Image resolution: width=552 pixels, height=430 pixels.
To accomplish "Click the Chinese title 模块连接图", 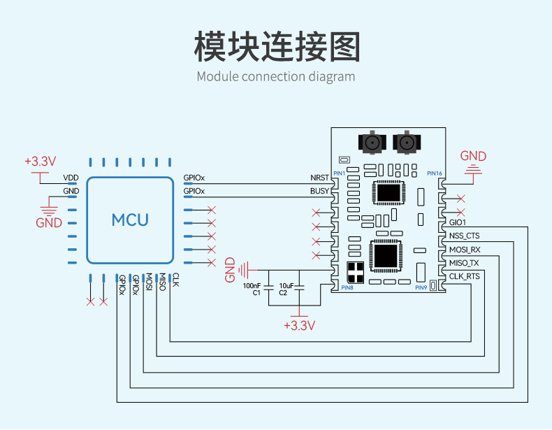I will tap(276, 46).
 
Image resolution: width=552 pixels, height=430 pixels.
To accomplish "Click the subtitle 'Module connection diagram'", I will tap(276, 76).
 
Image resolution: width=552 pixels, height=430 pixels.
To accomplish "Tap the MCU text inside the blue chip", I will tap(130, 220).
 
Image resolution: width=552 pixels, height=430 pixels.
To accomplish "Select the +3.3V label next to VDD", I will tap(40, 161).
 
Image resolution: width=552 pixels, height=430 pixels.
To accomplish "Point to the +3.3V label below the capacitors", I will tap(299, 326).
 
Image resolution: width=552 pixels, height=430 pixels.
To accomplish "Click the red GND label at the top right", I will tap(473, 156).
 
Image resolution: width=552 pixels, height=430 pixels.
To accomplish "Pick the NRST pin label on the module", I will tap(319, 178).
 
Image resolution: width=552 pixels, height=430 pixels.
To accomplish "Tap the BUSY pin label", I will tap(319, 191).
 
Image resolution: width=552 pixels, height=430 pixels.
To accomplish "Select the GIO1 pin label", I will tap(459, 222).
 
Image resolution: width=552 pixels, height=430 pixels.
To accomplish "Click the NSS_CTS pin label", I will tap(465, 236).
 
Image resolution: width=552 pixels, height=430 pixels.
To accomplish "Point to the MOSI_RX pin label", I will tap(465, 249).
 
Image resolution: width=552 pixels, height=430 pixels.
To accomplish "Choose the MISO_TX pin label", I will tap(464, 263).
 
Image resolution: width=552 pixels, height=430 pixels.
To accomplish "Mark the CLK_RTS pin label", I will tap(464, 276).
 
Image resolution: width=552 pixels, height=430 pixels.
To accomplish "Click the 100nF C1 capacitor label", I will tap(252, 289).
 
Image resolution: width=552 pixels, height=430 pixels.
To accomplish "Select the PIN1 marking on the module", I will tap(339, 173).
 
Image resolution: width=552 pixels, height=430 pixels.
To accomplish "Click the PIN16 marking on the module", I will tap(434, 173).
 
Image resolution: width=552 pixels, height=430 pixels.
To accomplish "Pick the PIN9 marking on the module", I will tap(421, 287).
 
